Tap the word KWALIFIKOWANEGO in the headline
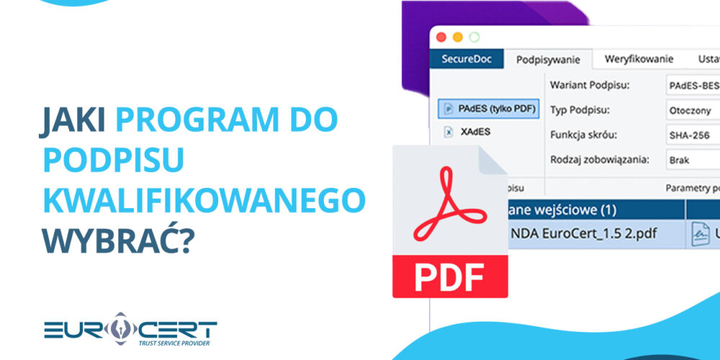(x=204, y=201)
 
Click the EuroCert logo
(x=130, y=330)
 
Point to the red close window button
(x=441, y=37)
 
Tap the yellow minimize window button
(x=458, y=37)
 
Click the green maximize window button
(x=474, y=37)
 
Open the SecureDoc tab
(x=467, y=59)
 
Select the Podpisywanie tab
(x=548, y=60)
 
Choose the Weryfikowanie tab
(x=639, y=59)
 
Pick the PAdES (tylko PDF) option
(x=489, y=108)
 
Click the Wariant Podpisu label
(x=590, y=85)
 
